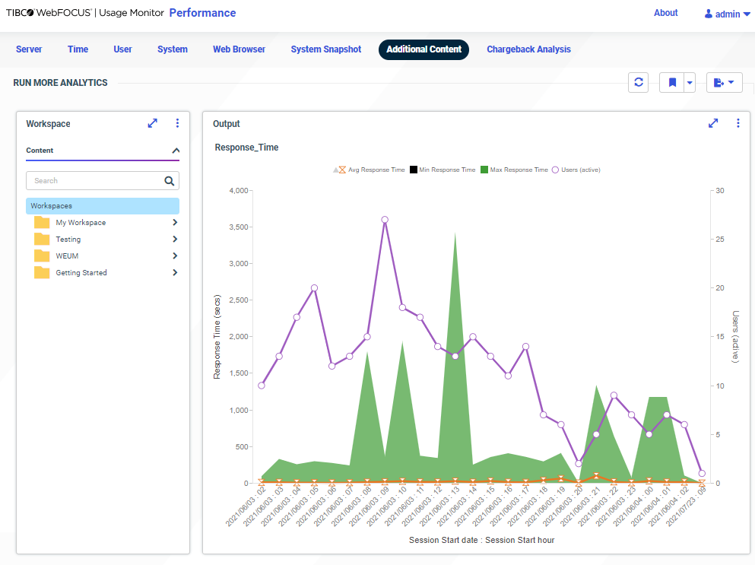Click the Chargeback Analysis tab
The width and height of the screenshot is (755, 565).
coord(528,49)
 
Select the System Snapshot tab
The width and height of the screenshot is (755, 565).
coord(325,49)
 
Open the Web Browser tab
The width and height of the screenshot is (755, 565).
coord(239,49)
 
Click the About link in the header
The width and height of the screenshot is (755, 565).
coord(665,13)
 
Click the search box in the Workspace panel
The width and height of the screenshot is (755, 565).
coord(95,181)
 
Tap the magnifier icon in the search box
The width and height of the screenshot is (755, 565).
coord(170,181)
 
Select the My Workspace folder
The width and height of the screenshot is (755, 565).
coord(81,223)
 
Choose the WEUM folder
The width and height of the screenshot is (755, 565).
coord(67,256)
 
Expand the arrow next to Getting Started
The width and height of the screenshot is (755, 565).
coord(175,273)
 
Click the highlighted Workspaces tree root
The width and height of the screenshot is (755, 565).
coord(103,206)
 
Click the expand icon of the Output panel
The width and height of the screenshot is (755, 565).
coord(713,123)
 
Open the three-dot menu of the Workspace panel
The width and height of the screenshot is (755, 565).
coord(177,123)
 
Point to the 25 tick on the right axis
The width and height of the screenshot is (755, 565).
coord(719,240)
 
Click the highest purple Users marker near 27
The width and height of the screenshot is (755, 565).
coord(385,220)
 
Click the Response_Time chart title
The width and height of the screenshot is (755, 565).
coord(246,148)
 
